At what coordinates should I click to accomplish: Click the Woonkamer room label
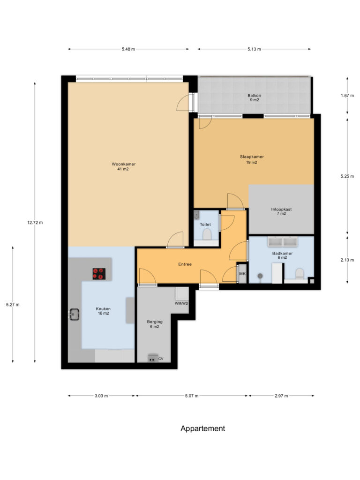[x=123, y=164]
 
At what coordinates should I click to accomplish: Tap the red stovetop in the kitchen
[x=99, y=274]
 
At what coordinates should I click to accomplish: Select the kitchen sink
[x=74, y=315]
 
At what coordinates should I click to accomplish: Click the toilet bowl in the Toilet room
[x=207, y=235]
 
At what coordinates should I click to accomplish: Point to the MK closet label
[x=242, y=274]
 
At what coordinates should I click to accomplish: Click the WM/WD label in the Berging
[x=181, y=303]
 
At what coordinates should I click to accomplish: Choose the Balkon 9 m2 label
[x=255, y=97]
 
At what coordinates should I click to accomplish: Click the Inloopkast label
[x=281, y=210]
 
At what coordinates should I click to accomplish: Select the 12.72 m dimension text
[x=35, y=223]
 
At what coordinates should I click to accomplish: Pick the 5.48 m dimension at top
[x=128, y=49]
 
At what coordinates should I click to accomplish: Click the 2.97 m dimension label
[x=281, y=396]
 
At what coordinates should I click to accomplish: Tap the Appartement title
[x=202, y=428]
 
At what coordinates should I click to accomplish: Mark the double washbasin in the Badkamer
[x=283, y=241]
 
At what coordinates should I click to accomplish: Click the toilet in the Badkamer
[x=300, y=273]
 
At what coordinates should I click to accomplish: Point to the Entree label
[x=185, y=264]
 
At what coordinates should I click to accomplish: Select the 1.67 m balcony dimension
[x=347, y=96]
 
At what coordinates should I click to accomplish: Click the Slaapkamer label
[x=252, y=157]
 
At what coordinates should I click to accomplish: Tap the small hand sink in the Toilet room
[x=196, y=215]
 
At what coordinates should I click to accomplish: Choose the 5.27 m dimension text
[x=13, y=305]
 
